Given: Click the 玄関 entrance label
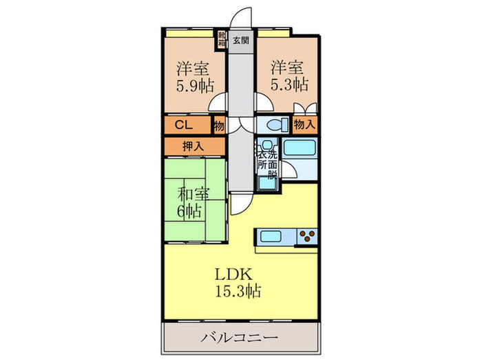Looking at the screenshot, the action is point(241,40).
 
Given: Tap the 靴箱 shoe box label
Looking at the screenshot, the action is point(221,39).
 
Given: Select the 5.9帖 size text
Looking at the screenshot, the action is point(195,86).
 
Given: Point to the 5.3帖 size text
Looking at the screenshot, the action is point(289,85).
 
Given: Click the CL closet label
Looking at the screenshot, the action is point(184,125).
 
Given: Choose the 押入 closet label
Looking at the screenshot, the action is point(193,146).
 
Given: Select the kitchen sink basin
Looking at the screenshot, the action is point(271,237).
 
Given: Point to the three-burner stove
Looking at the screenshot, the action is point(307,237).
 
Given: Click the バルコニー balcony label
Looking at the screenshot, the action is point(240,338).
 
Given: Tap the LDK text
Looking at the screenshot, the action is point(233,274).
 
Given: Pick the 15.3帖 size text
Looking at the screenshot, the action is point(238,291).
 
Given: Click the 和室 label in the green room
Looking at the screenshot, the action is point(193,194).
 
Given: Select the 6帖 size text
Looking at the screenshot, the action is point(189,211).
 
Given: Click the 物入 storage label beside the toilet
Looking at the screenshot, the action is point(304,125).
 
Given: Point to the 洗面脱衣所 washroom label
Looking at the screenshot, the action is point(267,164).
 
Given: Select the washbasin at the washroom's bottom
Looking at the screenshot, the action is point(267,183).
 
